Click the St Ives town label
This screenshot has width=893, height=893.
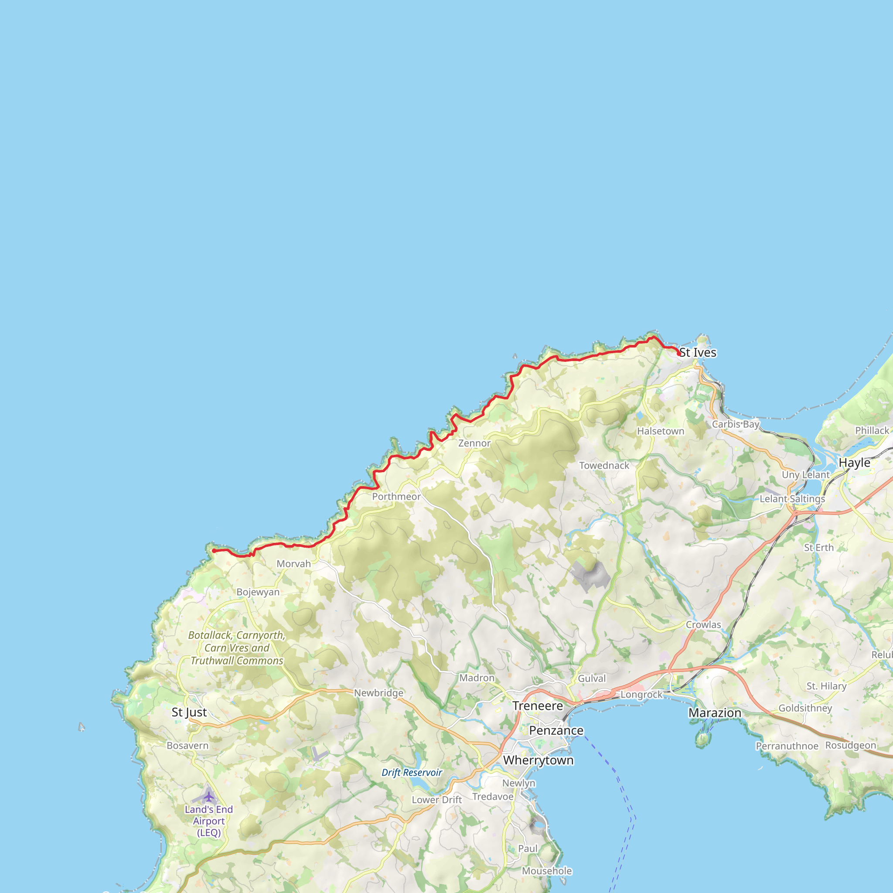coord(698,353)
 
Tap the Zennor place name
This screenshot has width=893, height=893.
coord(474,443)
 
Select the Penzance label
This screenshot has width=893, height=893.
coord(556,730)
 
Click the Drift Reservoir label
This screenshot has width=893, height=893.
coord(412,772)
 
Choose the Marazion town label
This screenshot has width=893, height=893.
coord(715,713)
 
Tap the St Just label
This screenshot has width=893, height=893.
coord(189,712)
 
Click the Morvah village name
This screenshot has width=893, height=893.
coord(293,564)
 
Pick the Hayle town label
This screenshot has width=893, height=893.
coord(854,463)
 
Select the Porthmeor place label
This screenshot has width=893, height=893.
coord(396,497)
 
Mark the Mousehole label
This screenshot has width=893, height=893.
coord(547,871)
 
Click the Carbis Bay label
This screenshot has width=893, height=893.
coord(736,424)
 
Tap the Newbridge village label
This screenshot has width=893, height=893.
coord(378,693)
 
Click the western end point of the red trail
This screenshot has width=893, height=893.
coord(214,551)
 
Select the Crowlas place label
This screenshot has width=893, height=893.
coord(703,624)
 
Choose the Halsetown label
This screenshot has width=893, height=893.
coord(661,431)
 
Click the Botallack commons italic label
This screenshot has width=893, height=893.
coord(237,648)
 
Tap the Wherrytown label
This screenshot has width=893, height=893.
coord(538,760)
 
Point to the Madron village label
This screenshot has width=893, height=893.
coord(477,678)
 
